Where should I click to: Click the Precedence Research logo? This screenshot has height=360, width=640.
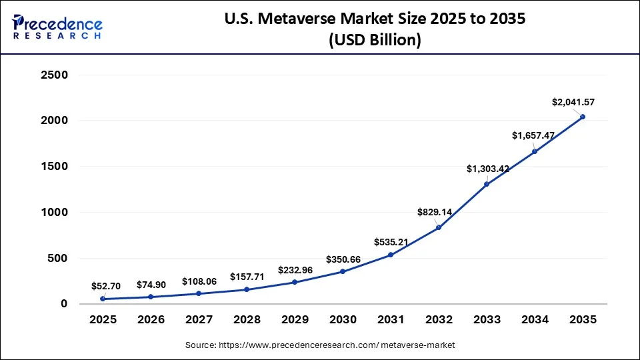[57, 27]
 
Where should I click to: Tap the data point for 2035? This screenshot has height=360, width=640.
[583, 117]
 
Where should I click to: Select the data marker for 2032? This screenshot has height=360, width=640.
[439, 227]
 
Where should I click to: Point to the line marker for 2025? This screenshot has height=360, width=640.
[103, 299]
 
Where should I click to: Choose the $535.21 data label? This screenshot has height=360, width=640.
[391, 241]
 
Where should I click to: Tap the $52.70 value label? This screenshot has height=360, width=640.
[106, 285]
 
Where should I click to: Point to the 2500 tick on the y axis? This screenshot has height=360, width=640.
[55, 75]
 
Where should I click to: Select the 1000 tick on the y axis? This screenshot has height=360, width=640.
[55, 213]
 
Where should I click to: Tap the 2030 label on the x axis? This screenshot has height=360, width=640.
[343, 320]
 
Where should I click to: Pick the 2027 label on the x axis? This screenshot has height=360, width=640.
[199, 320]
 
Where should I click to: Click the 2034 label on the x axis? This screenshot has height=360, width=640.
[535, 320]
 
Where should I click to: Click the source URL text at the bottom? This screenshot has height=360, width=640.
[320, 345]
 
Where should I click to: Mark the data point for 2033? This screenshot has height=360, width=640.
[487, 184]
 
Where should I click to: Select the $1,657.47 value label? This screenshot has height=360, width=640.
[533, 135]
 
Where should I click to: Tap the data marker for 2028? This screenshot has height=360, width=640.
[247, 289]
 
